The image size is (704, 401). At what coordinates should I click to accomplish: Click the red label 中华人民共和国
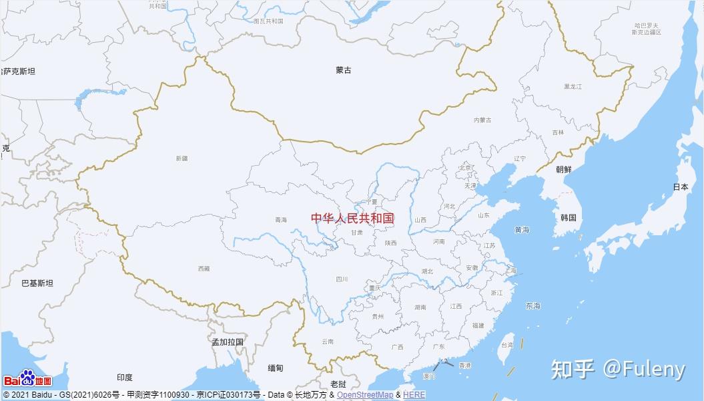tap(352, 218)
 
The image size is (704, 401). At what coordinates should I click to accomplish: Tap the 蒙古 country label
tap(344, 70)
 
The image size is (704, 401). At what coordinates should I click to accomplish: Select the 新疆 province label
tap(182, 158)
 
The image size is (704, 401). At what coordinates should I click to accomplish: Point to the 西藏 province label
tap(204, 269)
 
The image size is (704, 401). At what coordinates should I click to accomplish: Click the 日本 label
tap(680, 187)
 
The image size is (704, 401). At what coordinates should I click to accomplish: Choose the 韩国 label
tap(568, 218)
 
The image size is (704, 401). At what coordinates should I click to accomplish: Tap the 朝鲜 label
tap(563, 170)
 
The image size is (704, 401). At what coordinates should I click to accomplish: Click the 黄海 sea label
tap(522, 230)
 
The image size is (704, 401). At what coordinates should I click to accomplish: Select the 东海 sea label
tap(533, 306)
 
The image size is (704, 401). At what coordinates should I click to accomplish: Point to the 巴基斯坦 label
tap(37, 283)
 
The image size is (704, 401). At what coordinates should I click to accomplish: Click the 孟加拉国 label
tap(228, 342)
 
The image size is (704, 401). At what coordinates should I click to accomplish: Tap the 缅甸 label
tap(276, 368)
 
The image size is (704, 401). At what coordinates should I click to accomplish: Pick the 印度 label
tap(124, 378)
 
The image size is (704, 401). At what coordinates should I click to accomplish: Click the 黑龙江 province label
tap(573, 87)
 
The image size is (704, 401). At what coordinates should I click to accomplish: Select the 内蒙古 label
tap(482, 120)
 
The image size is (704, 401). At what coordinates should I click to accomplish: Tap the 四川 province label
tap(342, 279)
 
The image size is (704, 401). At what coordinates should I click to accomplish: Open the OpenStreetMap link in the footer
tap(364, 395)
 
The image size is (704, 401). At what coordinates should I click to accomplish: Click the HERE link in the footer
tap(414, 395)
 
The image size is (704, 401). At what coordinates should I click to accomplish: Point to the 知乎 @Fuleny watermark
tap(618, 369)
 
